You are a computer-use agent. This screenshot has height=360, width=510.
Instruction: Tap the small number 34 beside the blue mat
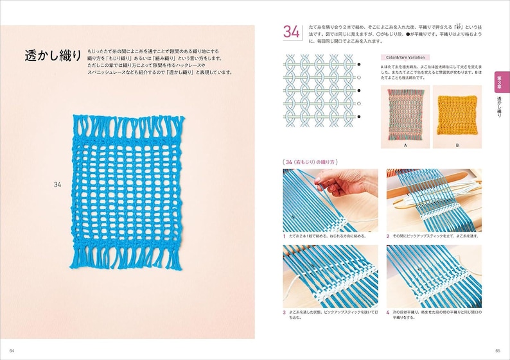click(58, 184)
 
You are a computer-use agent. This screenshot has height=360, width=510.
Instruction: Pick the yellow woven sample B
click(457, 116)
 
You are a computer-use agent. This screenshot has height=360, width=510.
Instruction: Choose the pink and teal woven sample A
click(406, 116)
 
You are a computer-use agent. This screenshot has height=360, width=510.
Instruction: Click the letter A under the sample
click(406, 146)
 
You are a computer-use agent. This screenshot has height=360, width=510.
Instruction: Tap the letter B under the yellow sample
click(457, 146)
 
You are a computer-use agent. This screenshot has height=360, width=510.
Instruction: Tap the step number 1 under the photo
click(285, 236)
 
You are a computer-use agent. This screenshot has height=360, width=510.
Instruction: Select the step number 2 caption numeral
click(389, 236)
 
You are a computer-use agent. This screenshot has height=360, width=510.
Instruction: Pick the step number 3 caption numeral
click(285, 312)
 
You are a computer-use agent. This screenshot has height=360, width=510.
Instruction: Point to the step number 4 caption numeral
click(389, 312)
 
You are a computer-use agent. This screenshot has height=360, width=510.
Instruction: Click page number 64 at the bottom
click(12, 350)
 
